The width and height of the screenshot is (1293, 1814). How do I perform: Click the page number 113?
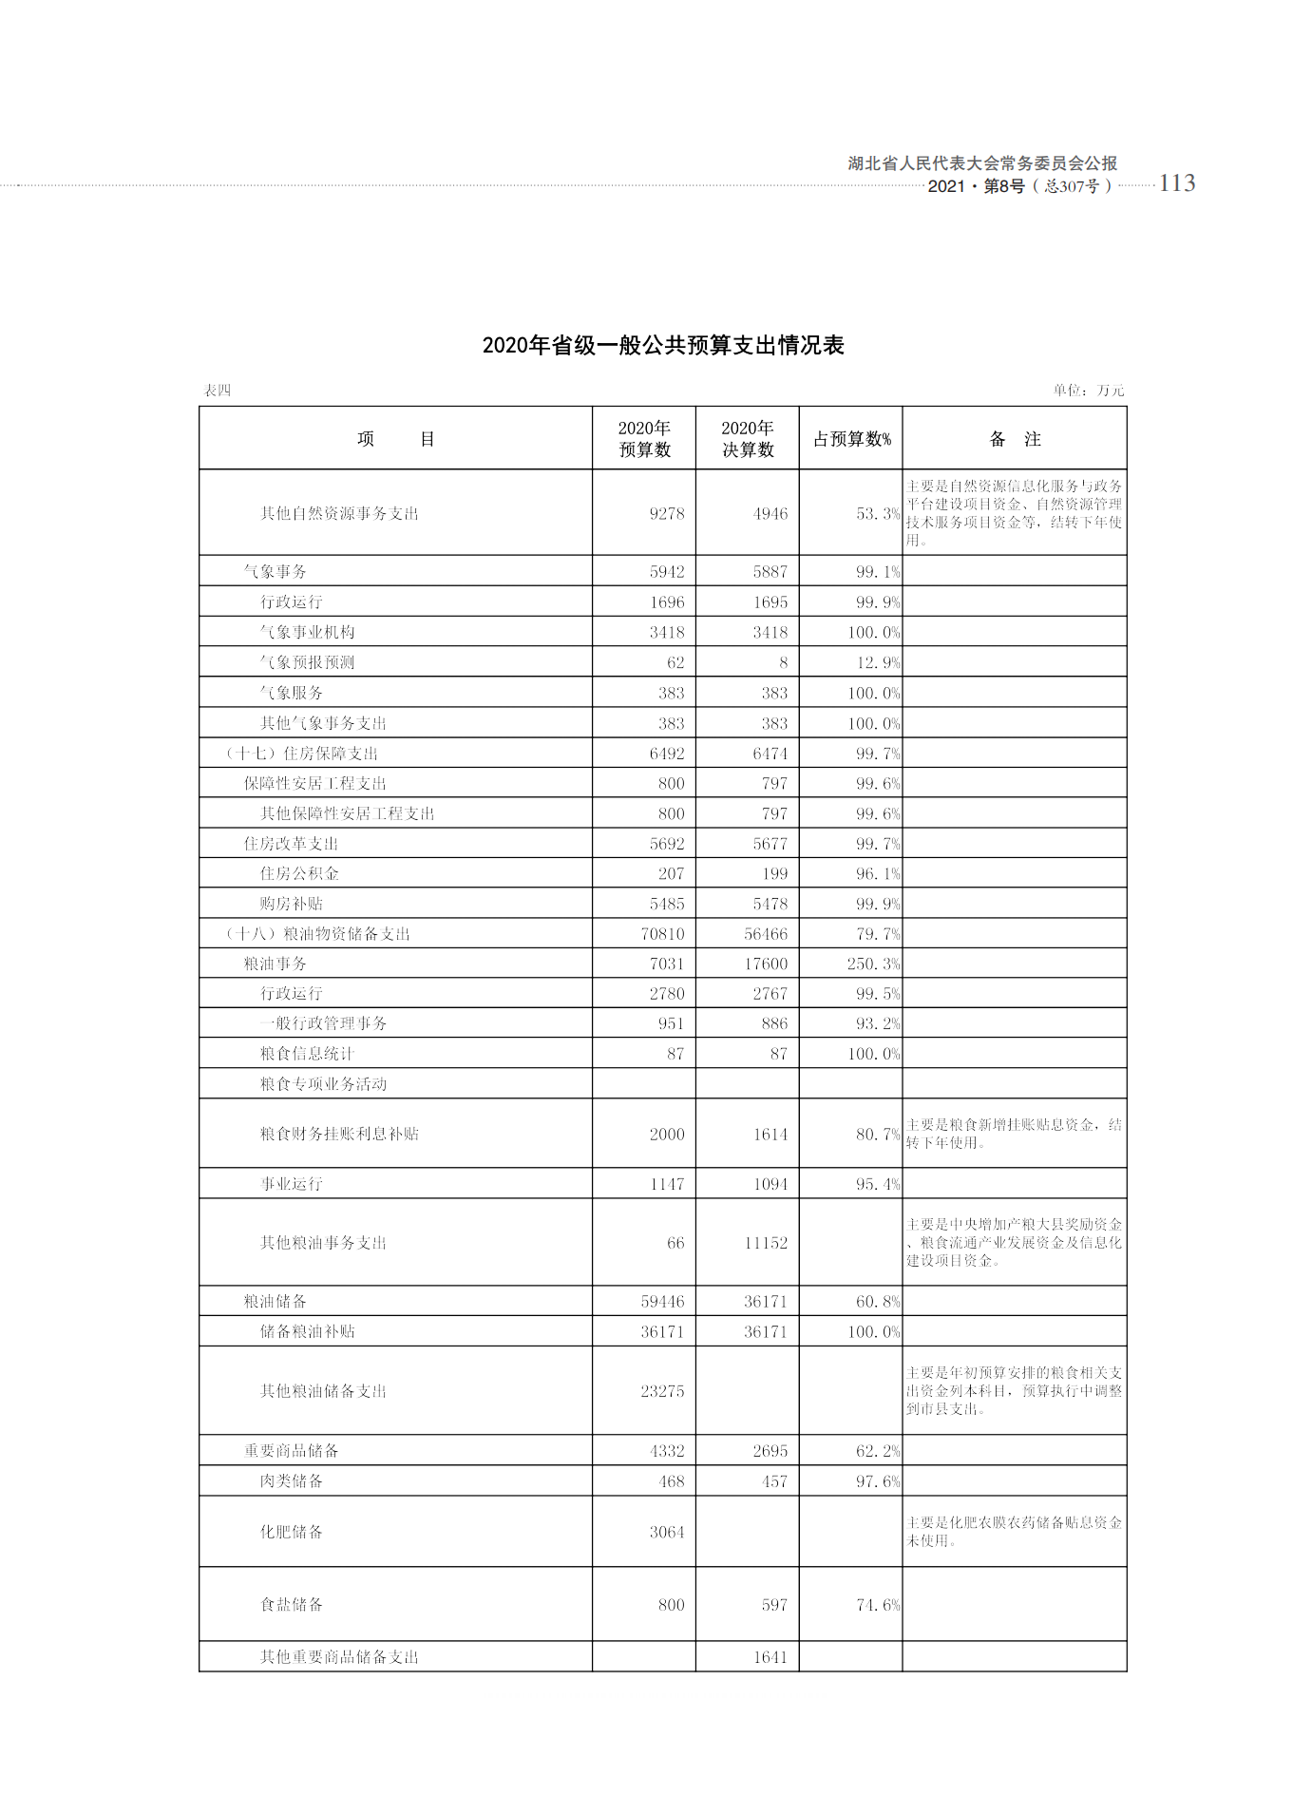point(1176,183)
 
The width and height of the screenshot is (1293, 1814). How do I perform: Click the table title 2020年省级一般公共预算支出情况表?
point(662,345)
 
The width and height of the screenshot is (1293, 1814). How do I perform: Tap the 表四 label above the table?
point(218,391)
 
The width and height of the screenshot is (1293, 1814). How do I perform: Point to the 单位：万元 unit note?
point(1088,391)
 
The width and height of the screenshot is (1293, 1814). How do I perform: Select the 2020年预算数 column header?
point(644,439)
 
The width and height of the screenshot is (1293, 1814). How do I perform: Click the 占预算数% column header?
point(851,439)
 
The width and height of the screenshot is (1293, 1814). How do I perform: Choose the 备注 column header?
point(1015,439)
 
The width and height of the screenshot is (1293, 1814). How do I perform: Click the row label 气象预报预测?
point(307,662)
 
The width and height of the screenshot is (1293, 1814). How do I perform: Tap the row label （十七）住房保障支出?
point(301,754)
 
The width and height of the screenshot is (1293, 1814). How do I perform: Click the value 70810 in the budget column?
point(662,934)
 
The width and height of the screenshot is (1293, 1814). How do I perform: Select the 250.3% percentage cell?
point(873,964)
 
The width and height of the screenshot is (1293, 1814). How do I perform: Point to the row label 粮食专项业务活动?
point(323,1084)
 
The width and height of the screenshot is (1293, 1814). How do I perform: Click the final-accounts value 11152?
point(766,1243)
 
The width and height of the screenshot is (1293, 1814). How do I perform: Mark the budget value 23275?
point(662,1391)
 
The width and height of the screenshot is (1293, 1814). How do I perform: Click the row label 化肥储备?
point(292,1532)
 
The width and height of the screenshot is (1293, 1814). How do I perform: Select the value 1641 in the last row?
point(770,1657)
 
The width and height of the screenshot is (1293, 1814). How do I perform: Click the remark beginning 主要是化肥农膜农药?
point(1014,1531)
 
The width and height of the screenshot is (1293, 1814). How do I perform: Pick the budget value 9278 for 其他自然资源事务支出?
point(666,514)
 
